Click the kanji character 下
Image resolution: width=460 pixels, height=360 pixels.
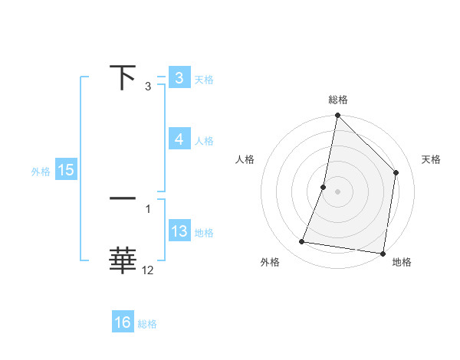click(x=123, y=78)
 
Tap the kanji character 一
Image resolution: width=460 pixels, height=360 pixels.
click(x=123, y=198)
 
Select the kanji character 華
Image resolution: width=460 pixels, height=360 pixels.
click(x=123, y=260)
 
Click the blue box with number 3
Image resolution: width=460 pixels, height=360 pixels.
click(x=179, y=78)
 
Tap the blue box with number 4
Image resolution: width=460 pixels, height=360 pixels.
click(x=179, y=139)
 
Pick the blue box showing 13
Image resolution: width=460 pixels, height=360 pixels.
click(x=179, y=231)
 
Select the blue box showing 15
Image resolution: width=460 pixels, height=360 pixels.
click(x=66, y=170)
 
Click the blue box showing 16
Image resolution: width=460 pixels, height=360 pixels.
click(x=123, y=322)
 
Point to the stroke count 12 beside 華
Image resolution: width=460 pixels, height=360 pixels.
click(x=148, y=270)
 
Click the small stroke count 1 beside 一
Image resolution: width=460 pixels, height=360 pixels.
click(x=148, y=208)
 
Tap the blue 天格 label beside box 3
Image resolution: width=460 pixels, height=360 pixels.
click(x=204, y=79)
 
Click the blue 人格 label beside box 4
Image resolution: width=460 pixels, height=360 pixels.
click(x=204, y=140)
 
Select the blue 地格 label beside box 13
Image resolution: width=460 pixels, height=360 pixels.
click(x=204, y=232)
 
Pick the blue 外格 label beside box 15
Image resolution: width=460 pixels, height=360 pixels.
click(x=41, y=172)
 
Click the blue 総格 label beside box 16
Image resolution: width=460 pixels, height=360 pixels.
click(x=147, y=324)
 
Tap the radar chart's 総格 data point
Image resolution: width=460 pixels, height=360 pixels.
click(x=337, y=116)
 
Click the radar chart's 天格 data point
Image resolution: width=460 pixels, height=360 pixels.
click(x=396, y=172)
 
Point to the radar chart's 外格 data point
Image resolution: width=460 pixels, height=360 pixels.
click(x=302, y=242)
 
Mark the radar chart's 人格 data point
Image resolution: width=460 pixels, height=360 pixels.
click(x=324, y=187)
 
